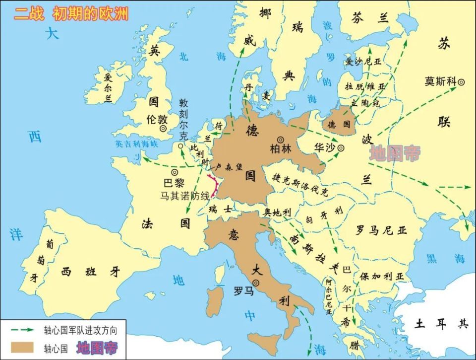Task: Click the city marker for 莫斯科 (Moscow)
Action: (462, 81)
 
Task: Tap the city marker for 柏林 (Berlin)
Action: (281, 140)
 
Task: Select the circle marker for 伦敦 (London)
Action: (163, 128)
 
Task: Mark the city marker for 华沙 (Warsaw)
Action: (342, 147)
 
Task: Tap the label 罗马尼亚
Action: (381, 230)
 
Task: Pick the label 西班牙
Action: (90, 271)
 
